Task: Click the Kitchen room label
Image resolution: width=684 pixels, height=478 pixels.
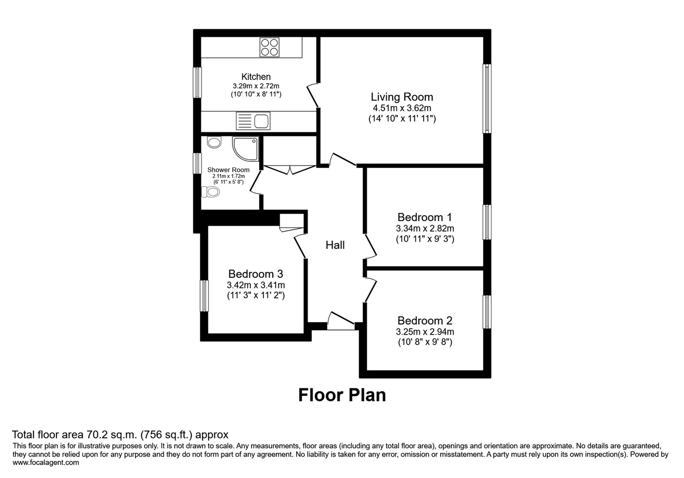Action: tap(256, 77)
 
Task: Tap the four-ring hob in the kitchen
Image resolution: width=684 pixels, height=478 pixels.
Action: tap(269, 47)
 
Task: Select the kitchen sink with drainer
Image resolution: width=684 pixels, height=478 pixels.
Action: tap(253, 121)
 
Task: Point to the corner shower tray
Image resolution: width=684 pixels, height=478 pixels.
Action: tap(245, 148)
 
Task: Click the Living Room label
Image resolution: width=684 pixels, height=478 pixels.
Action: tap(402, 97)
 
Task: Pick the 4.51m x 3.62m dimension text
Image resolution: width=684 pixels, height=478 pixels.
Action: tap(402, 108)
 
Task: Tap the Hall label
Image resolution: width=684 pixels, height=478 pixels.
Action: tap(335, 245)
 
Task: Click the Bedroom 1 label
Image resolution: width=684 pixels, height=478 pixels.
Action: tap(424, 217)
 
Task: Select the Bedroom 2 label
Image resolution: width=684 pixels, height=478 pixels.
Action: tap(425, 321)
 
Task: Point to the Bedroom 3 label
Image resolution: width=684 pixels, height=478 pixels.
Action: tap(256, 274)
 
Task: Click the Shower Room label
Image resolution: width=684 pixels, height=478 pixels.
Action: tap(228, 170)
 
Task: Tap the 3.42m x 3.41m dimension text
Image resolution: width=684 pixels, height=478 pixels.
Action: tap(256, 285)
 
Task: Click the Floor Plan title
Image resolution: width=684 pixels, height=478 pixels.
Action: tap(342, 395)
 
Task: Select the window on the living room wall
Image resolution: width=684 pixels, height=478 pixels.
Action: tap(487, 99)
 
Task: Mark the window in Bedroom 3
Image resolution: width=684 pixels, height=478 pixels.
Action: tap(204, 296)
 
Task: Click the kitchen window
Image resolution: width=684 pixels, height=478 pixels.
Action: tap(197, 82)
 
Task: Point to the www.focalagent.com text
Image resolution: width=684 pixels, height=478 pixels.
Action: tap(46, 463)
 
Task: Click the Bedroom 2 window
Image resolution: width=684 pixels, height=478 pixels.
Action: tap(487, 312)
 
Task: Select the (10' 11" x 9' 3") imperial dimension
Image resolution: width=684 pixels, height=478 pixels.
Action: tap(425, 239)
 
